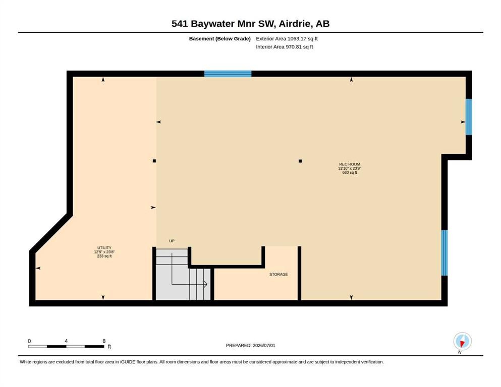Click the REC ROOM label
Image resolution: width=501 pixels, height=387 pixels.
(x=350, y=164)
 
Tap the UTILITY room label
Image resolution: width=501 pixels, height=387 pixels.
(x=104, y=248)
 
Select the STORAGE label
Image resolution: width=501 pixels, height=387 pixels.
(x=279, y=275)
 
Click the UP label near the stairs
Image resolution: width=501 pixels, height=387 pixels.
(x=172, y=241)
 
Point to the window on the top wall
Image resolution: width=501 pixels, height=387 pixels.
(x=228, y=74)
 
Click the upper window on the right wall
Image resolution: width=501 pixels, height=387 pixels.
(x=469, y=117)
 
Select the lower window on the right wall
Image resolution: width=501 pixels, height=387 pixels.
(x=444, y=252)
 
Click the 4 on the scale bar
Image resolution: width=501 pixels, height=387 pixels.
(x=66, y=341)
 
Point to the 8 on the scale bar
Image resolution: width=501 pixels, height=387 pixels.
(x=104, y=341)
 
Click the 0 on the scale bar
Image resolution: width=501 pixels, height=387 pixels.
(x=29, y=341)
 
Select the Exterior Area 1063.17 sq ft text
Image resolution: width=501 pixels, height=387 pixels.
(x=287, y=39)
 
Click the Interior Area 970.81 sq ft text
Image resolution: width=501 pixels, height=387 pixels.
(x=285, y=47)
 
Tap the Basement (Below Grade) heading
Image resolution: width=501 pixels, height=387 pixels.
(x=220, y=39)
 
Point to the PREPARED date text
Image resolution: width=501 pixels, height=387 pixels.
(x=250, y=346)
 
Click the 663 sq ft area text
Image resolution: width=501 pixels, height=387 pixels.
(x=350, y=173)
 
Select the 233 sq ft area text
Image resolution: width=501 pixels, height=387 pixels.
(x=104, y=256)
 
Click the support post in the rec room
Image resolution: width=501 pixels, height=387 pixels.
(x=300, y=161)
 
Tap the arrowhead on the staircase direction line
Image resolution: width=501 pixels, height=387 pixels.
(x=206, y=284)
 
